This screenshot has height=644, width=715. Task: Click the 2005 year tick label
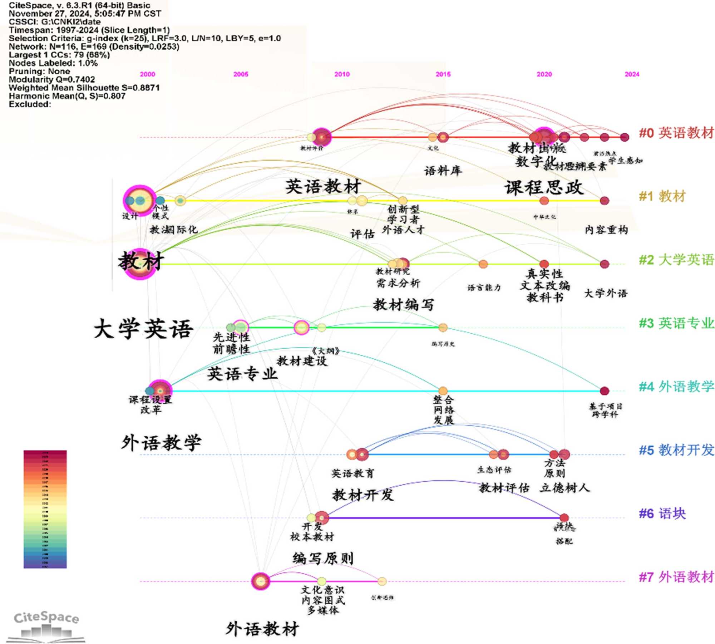pos(241,74)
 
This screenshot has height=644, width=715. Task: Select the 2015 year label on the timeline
pos(443,74)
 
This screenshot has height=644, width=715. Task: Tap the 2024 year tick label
pos(632,74)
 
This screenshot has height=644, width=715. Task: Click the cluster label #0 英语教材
pos(676,133)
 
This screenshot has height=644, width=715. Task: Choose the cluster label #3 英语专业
pos(676,323)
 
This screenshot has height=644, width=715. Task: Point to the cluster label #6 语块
pos(662,513)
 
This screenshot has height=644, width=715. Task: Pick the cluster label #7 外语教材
pos(676,577)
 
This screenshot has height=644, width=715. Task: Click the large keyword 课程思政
pos(544,188)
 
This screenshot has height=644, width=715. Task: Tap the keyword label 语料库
pos(443,171)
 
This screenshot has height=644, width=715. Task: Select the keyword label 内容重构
pos(606,230)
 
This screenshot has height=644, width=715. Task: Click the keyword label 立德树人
pos(564,488)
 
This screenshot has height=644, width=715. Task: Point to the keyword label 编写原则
pos(323,558)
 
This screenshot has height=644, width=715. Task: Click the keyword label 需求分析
pos(398,284)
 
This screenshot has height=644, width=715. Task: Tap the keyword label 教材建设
pos(302,361)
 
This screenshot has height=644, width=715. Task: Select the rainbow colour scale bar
pos(45,509)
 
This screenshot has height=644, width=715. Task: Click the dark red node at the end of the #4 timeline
pos(604,391)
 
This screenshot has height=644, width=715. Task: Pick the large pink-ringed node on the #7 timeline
pos(261,581)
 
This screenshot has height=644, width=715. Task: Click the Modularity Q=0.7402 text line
pos(52,79)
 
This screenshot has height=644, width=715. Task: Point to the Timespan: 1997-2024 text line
pos(89,30)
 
